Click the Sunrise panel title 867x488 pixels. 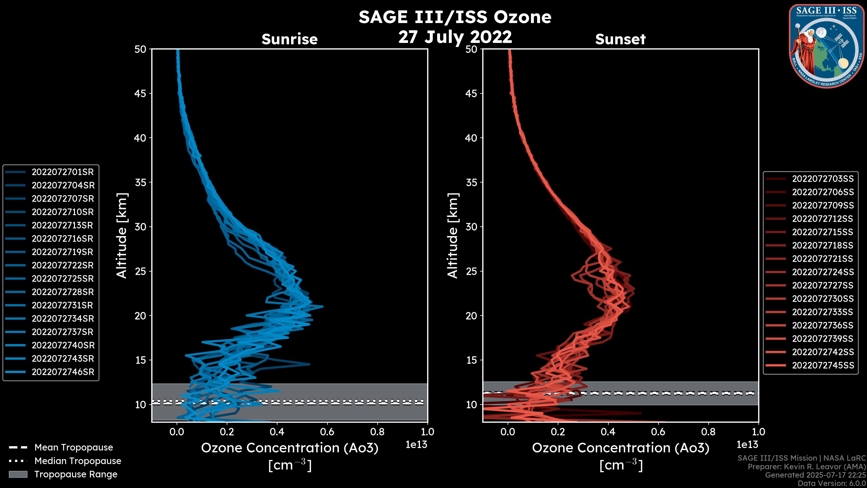pos(289,39)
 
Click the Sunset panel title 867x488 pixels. pos(620,39)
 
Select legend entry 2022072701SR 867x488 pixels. pos(63,172)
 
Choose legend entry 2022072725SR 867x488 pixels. pos(63,279)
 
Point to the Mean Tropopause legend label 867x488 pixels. pos(73,447)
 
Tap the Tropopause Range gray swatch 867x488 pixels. pos(18,474)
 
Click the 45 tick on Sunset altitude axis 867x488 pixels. pos(471,94)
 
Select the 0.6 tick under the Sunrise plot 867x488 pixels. pos(327,432)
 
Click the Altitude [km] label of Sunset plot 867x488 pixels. pos(453,236)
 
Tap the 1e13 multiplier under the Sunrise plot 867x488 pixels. pos(416,445)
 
